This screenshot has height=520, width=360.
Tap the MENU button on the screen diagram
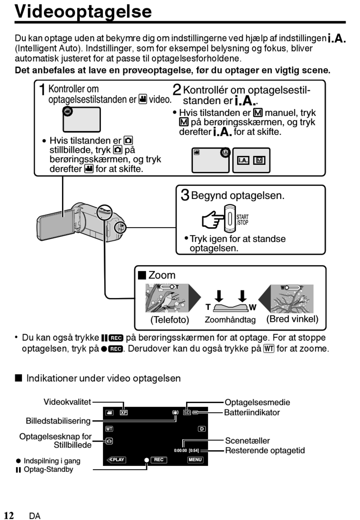(195, 459)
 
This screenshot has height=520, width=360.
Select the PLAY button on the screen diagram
(116, 459)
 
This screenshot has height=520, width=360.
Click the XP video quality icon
(124, 412)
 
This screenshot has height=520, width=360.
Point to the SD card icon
(187, 412)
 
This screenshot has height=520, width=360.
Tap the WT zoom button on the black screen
(109, 428)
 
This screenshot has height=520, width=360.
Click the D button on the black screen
(202, 428)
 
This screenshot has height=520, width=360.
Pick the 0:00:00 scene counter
(180, 450)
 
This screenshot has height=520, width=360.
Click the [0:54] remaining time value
(194, 450)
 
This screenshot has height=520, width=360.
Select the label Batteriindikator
(252, 412)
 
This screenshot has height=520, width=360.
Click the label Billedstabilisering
(58, 421)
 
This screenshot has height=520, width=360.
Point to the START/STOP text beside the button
(242, 220)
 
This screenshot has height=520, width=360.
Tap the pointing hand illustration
(213, 219)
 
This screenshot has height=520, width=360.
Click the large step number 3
(185, 195)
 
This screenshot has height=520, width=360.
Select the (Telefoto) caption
(169, 320)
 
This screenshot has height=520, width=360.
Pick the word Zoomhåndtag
(230, 320)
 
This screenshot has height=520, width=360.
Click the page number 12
(9, 515)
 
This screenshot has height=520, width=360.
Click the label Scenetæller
(247, 440)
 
